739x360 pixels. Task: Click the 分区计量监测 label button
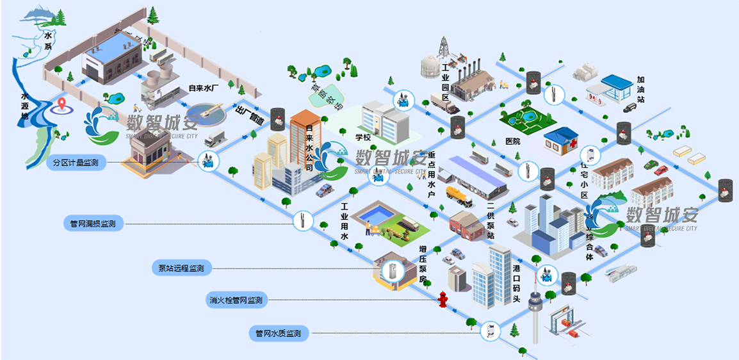77,163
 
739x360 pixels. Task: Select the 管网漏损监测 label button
93,224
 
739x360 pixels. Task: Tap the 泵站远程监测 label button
181,268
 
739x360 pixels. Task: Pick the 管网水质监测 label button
278,333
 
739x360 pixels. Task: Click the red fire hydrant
442,299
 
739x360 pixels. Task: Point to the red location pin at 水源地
61,103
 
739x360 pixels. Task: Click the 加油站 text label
640,90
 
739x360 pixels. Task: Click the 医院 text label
513,141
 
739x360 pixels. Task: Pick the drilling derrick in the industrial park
443,48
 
